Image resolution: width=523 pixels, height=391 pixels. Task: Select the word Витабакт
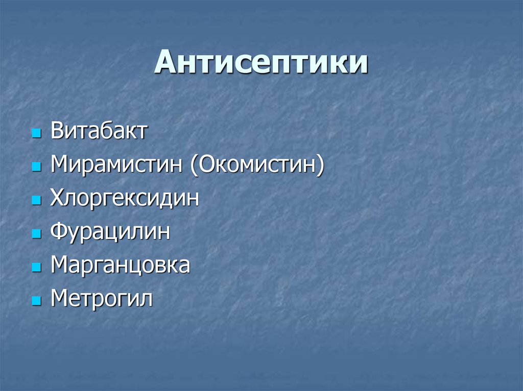(x=99, y=131)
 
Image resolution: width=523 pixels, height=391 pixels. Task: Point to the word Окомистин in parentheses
(x=257, y=165)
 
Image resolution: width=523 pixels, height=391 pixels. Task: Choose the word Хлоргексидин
(x=125, y=198)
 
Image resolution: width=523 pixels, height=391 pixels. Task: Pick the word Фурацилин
(x=110, y=232)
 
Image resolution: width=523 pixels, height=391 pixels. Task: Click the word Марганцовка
(x=120, y=266)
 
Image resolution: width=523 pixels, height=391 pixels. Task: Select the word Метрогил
(x=102, y=299)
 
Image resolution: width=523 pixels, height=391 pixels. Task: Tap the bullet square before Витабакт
(x=36, y=134)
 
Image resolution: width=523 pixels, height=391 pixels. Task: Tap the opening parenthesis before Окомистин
(x=195, y=166)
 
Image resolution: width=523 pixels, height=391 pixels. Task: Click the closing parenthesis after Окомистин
(x=320, y=166)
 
